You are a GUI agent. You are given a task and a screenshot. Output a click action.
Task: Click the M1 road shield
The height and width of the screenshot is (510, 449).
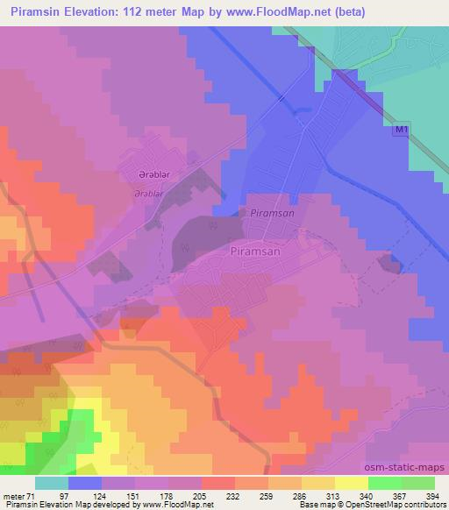pyautogui.click(x=400, y=130)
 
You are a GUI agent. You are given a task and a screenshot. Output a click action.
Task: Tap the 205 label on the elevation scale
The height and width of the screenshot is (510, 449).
pyautogui.click(x=202, y=497)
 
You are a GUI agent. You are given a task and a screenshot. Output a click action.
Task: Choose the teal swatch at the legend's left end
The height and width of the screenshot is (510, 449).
pyautogui.click(x=52, y=483)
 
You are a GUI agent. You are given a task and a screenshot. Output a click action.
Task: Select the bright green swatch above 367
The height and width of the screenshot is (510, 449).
pyautogui.click(x=384, y=483)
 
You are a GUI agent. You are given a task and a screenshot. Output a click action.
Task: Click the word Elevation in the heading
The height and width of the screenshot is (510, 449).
pyautogui.click(x=92, y=12)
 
